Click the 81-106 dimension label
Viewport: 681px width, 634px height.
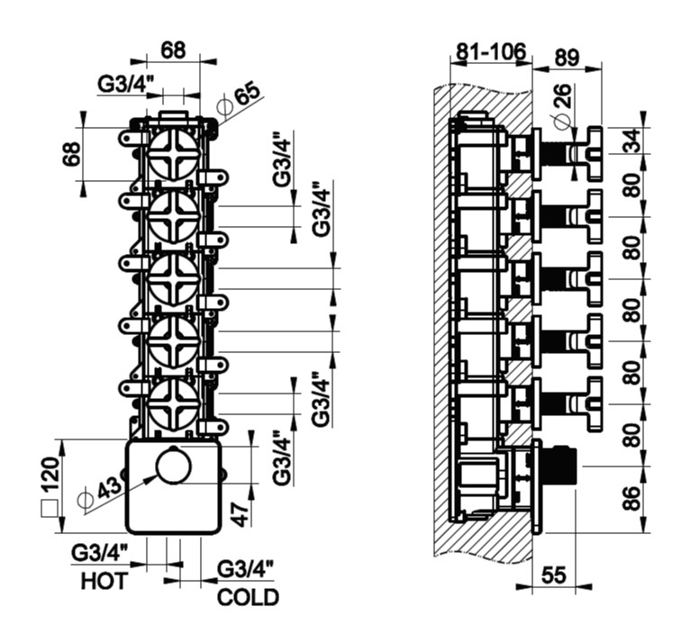(491, 51)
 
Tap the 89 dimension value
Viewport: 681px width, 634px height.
(567, 57)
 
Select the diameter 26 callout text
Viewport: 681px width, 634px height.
(560, 104)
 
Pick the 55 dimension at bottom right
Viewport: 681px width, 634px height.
(554, 575)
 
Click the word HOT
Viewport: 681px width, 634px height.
(104, 581)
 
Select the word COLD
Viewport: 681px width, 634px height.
(248, 597)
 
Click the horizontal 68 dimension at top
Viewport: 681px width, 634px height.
(173, 50)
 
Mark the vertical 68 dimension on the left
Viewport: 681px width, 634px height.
(72, 154)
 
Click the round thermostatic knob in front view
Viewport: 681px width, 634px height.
(174, 466)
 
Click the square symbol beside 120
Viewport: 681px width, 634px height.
(50, 509)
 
